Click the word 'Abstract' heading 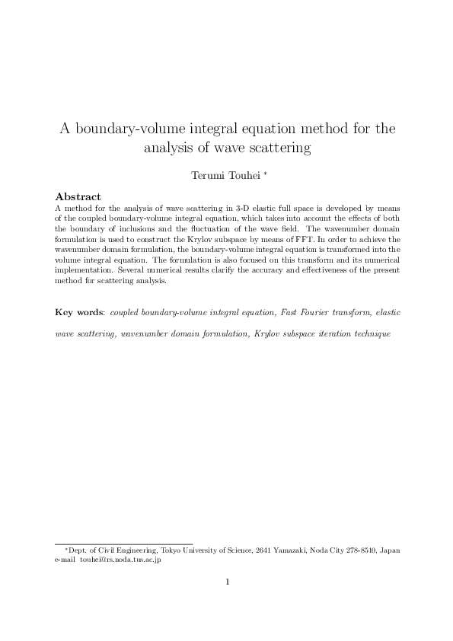click(79, 196)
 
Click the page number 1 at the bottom click(227, 584)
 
